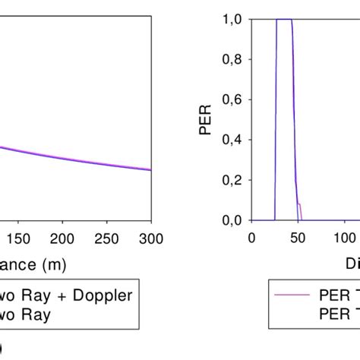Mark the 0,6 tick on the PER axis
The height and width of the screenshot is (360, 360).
pos(235,100)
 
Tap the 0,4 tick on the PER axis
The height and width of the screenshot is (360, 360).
pos(235,140)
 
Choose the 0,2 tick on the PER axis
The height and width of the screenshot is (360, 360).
pos(235,180)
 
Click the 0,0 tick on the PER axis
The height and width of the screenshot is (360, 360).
pos(235,220)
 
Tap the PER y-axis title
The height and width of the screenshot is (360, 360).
pos(207,120)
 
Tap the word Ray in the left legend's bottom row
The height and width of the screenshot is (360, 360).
pos(37,316)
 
